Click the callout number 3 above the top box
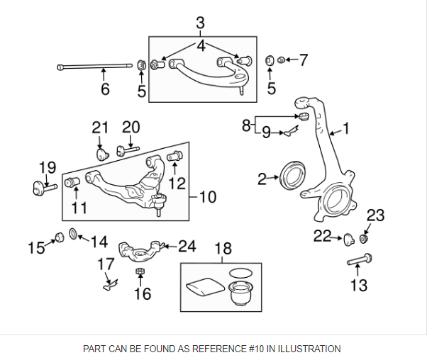(200, 22)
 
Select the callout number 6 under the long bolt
(105, 89)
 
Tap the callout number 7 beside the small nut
(303, 60)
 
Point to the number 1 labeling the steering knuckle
(346, 128)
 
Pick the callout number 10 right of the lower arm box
(207, 196)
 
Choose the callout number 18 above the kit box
(223, 249)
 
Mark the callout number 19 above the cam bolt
(47, 168)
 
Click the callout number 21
(100, 128)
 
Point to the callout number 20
(131, 127)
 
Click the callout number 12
(177, 183)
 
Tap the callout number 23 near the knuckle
(375, 215)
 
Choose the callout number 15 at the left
(35, 247)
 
